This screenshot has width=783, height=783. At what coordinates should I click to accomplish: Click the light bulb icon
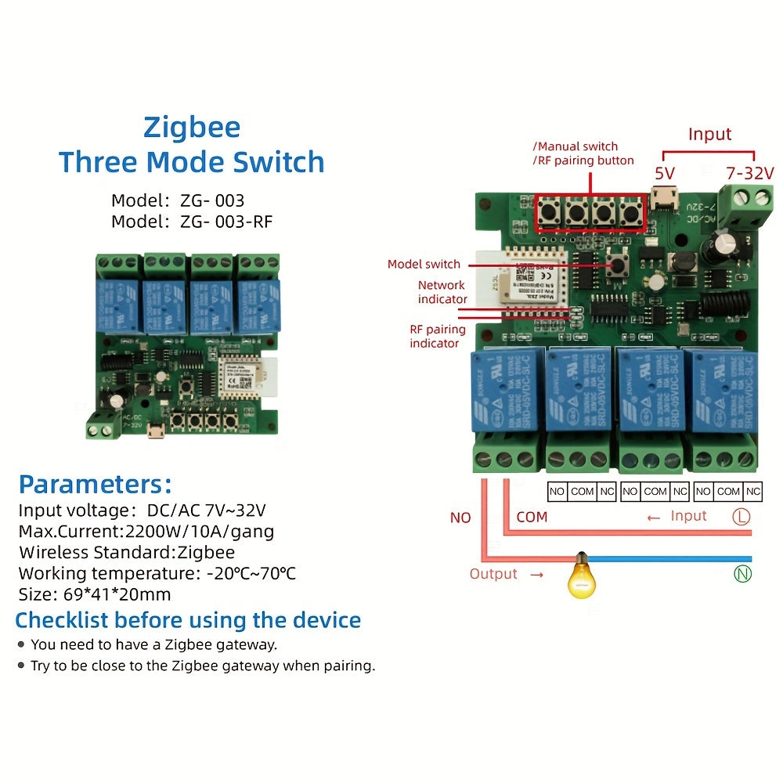[580, 577]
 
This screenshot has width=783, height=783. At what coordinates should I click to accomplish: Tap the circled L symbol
[741, 517]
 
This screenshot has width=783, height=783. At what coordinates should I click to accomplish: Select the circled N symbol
[742, 575]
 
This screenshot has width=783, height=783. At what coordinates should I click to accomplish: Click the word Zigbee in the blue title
[192, 127]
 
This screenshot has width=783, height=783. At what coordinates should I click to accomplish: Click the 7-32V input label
[749, 172]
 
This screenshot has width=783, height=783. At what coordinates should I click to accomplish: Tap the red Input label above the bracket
[709, 134]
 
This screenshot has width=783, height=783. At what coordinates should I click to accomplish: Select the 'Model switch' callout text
[424, 264]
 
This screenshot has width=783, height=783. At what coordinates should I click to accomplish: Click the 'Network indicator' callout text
[442, 292]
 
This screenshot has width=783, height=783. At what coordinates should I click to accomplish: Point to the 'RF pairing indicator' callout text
[437, 336]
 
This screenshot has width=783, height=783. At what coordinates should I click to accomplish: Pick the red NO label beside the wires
[460, 518]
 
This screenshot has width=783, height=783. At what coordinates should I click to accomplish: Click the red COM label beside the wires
[532, 517]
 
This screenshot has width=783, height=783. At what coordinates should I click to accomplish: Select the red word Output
[493, 574]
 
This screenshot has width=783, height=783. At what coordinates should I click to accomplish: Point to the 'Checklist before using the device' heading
[188, 620]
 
